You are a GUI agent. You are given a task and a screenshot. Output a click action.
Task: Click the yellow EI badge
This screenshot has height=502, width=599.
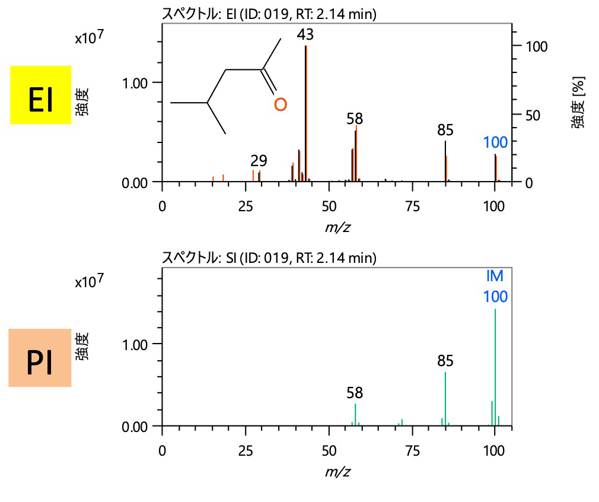coord(41,95)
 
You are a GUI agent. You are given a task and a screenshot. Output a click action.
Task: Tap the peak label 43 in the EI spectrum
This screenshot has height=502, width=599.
coord(305,35)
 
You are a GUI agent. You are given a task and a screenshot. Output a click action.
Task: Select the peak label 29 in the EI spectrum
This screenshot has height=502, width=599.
coord(259,160)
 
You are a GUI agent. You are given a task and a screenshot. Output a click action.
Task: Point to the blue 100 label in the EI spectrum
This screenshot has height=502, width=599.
coord(495,142)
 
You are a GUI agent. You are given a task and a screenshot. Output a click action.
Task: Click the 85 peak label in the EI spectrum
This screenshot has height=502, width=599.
coord(445,130)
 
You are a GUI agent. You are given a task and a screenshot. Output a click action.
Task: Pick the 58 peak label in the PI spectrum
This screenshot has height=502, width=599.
coord(355,392)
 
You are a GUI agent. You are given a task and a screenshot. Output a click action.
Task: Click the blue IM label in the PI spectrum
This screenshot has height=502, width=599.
coord(495,276)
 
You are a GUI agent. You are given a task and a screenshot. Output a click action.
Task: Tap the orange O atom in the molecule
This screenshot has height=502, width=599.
coord(281,105)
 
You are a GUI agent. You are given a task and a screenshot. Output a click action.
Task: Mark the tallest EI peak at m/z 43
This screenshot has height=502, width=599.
coord(305,113)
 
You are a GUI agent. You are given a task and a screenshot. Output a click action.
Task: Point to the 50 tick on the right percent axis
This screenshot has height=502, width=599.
coord(528,114)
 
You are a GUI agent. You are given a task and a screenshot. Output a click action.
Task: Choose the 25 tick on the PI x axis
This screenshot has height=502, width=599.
coord(246,449)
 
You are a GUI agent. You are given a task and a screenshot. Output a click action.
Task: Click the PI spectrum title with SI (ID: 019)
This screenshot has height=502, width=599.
coord(269,258)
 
